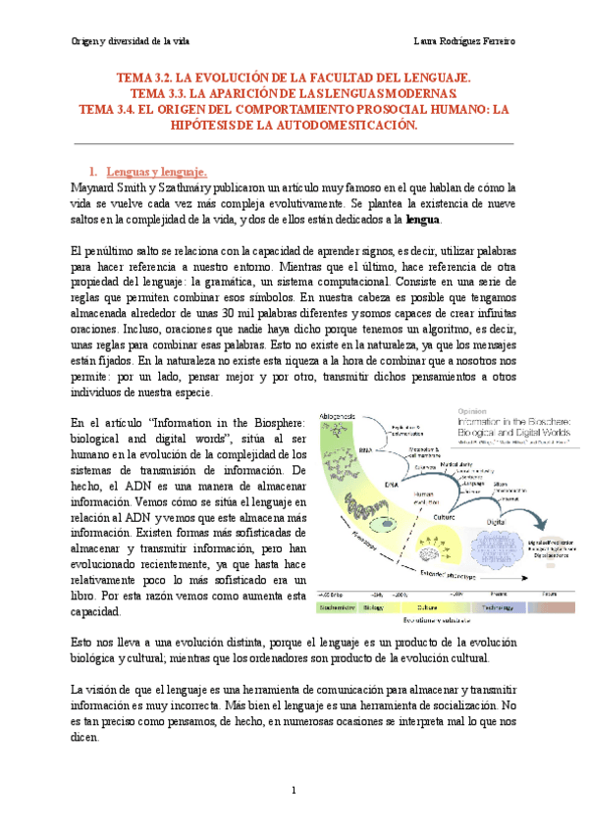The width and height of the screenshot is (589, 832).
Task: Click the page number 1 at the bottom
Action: [x=294, y=791]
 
